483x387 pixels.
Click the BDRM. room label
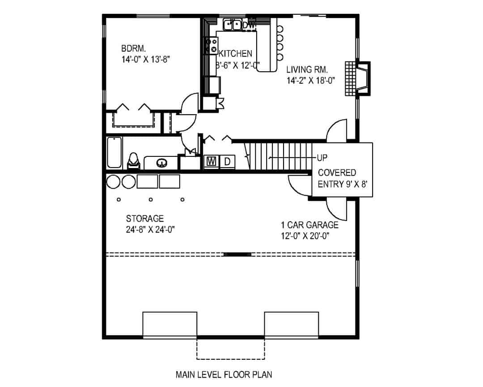click(x=134, y=48)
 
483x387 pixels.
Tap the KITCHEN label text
click(x=235, y=54)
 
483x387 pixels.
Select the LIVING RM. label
click(x=307, y=69)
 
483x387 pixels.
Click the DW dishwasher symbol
click(x=250, y=26)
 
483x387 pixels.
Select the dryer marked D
click(x=227, y=161)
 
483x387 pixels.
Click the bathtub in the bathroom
click(x=114, y=152)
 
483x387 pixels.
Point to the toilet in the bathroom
click(x=133, y=161)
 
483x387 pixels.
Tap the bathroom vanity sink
click(x=161, y=163)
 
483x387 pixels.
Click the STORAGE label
click(x=144, y=219)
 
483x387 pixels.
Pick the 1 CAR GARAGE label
click(x=309, y=225)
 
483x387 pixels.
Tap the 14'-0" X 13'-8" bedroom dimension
click(x=146, y=58)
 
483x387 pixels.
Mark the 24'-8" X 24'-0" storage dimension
click(x=150, y=230)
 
